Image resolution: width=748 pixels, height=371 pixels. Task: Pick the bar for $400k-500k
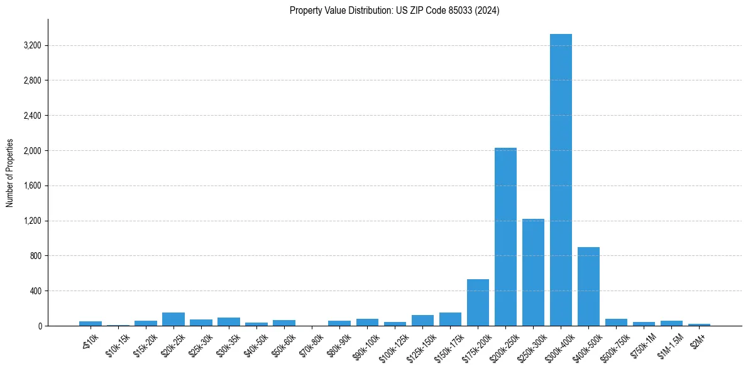(588, 287)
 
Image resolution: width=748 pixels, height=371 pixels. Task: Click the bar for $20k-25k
(173, 319)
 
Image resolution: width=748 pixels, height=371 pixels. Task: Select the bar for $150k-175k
(450, 319)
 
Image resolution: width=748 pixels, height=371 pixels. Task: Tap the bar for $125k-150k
(422, 321)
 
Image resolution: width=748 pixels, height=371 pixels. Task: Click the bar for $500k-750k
(616, 323)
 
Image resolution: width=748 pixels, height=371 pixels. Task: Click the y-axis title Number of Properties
(10, 172)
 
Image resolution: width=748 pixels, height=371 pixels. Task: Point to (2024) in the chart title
(488, 11)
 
